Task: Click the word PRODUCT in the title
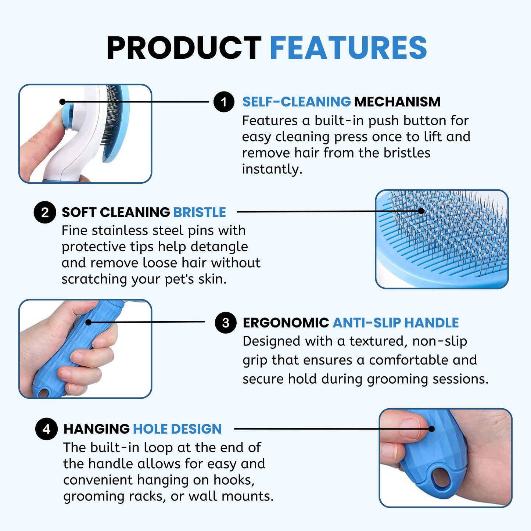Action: pos(184,48)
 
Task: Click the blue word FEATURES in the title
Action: pos(348,48)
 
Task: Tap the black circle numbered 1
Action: pos(224,102)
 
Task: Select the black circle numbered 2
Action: pos(44,212)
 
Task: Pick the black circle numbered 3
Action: pos(225,323)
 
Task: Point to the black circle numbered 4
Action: pos(46,429)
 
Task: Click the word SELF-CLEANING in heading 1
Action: pos(297,102)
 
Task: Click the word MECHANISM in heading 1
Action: pos(397,102)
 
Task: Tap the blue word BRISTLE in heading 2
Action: pos(200,212)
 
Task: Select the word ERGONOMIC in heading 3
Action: pos(286,323)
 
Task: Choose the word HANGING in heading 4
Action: pos(96,429)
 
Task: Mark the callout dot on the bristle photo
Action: pos(421,211)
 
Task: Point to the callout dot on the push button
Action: pos(62,102)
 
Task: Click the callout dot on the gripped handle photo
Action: pos(89,322)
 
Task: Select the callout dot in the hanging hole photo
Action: pos(432,429)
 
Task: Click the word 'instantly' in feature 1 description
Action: pos(272,169)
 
